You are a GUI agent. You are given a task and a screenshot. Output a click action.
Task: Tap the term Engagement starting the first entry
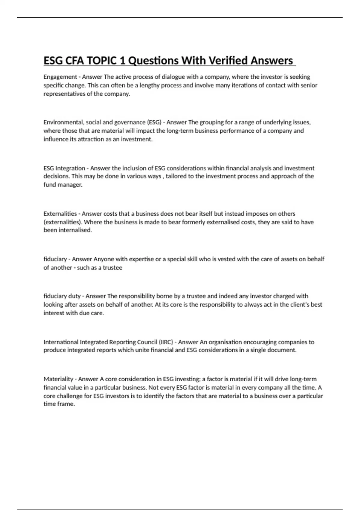(x=60, y=77)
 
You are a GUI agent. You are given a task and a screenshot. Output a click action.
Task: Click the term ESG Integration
(x=64, y=168)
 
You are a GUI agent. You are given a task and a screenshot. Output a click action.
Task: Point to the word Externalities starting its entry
(x=60, y=214)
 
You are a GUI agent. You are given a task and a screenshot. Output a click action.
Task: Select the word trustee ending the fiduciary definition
(x=112, y=268)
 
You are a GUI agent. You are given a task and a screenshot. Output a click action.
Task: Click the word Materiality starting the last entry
(x=58, y=379)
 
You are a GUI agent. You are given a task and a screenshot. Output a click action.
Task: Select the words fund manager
(x=63, y=185)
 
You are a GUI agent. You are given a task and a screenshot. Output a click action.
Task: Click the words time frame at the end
(x=59, y=404)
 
